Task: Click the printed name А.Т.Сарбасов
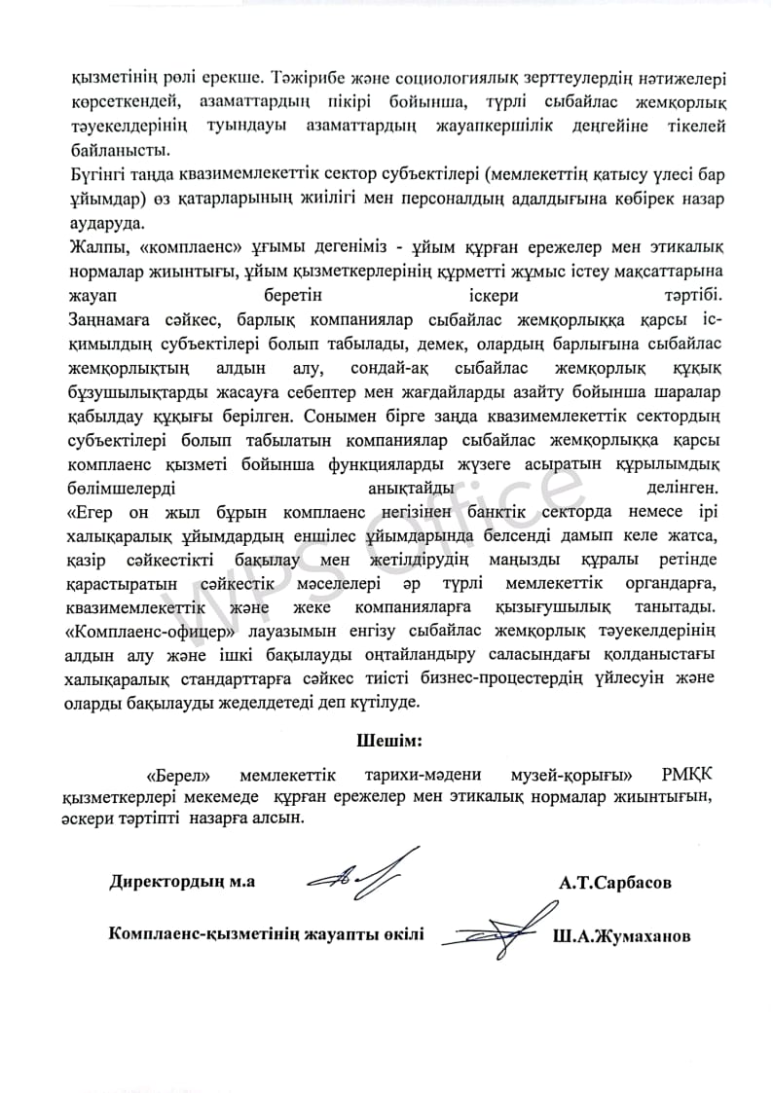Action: click(615, 884)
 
